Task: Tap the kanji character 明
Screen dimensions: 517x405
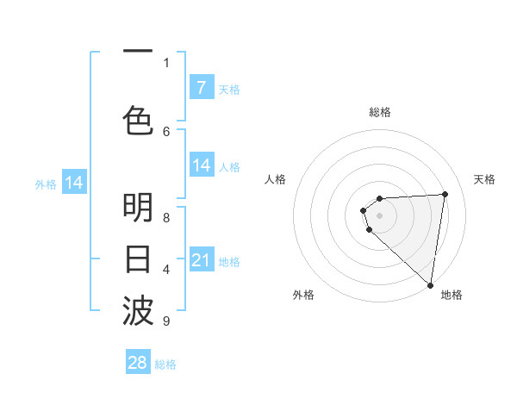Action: pos(138,208)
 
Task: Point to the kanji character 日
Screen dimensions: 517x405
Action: pos(138,259)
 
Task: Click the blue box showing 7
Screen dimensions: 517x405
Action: pos(201,88)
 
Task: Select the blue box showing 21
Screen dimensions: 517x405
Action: pos(201,260)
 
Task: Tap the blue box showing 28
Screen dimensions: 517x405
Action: pos(138,363)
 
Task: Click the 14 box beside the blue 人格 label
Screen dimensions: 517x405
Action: pos(201,165)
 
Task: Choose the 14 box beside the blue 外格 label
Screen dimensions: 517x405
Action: pos(74,183)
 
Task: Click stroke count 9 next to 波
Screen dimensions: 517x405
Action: pos(165,321)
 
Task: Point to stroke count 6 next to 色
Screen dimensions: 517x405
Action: pos(166,131)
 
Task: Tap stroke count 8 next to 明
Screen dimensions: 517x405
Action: pos(166,218)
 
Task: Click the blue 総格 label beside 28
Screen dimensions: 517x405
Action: pos(165,364)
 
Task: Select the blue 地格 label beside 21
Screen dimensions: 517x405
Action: pos(229,261)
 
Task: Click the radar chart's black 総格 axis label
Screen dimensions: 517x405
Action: pos(380,112)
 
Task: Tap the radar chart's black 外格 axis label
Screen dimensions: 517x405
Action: pos(303,295)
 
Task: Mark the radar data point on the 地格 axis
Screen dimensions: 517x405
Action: pos(430,284)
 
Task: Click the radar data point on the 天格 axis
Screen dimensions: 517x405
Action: pos(445,194)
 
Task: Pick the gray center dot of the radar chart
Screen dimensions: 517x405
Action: pos(380,215)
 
